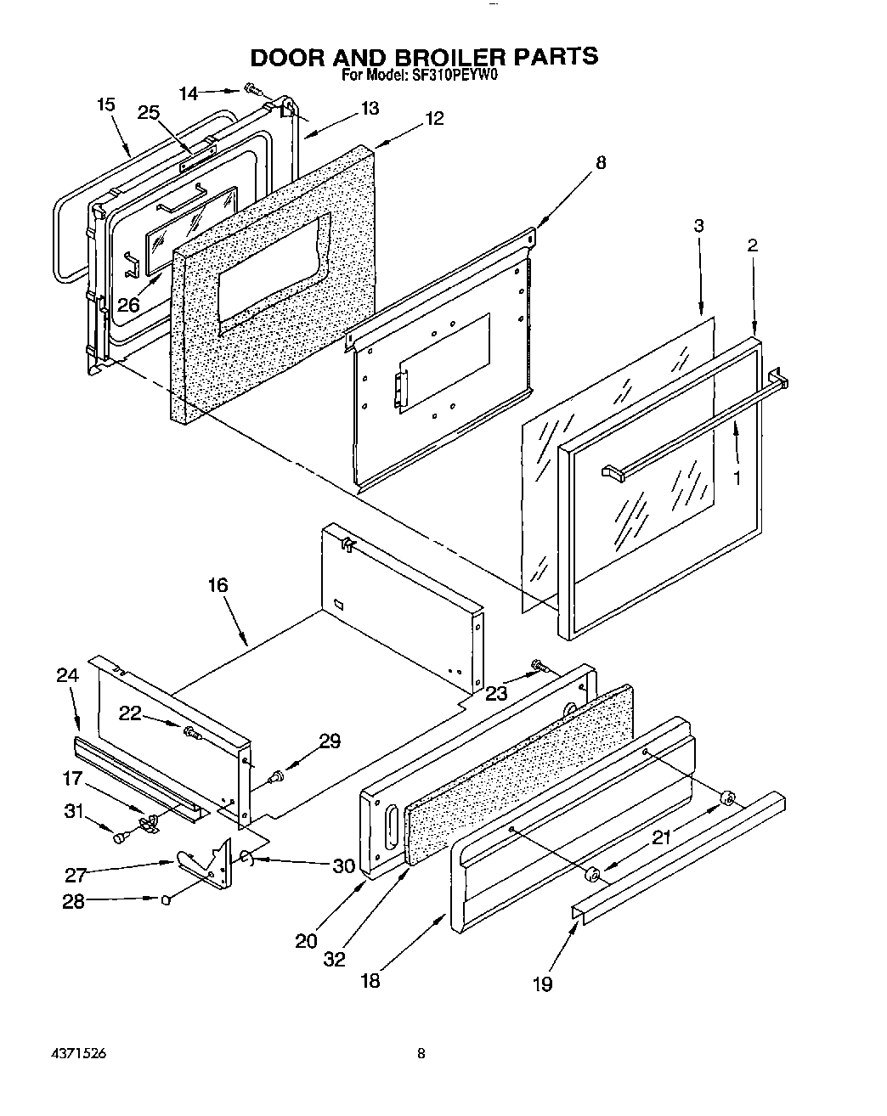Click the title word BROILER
(x=441, y=56)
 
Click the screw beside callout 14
(x=251, y=87)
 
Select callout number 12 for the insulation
(x=434, y=119)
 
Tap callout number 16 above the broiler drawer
(x=218, y=585)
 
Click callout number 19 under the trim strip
(x=542, y=984)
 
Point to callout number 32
(x=334, y=959)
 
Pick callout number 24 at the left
(x=67, y=675)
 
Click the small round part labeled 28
(x=167, y=899)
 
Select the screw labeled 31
(x=119, y=837)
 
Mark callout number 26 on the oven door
(x=127, y=303)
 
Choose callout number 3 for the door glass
(x=698, y=226)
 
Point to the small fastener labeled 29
(x=276, y=775)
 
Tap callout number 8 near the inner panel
(x=600, y=163)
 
